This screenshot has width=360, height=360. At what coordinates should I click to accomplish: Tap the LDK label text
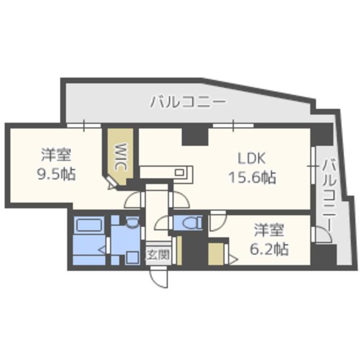coord(251,159)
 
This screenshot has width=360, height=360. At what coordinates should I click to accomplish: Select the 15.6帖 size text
coord(253,177)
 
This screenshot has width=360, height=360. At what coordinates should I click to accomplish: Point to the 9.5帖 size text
coord(56,174)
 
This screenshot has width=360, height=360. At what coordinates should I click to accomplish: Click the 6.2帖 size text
coord(269,249)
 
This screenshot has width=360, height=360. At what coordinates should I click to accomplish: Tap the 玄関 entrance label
coord(158,255)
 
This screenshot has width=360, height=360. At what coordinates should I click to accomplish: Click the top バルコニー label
coord(188,102)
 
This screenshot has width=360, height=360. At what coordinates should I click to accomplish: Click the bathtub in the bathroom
coord(89,225)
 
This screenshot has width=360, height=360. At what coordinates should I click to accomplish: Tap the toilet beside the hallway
coord(190,223)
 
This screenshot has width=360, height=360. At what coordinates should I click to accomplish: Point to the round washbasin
coord(132,222)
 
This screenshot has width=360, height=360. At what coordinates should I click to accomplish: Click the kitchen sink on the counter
coord(179,172)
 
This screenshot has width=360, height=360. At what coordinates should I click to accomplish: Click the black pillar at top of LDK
coord(195,136)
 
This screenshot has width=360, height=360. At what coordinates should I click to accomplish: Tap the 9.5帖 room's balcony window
coord(84,125)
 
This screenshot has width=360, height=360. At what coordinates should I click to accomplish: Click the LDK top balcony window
coord(233,125)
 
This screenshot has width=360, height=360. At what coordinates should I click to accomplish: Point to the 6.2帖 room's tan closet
coord(216,254)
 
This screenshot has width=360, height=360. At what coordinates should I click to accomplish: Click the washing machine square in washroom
coord(133,258)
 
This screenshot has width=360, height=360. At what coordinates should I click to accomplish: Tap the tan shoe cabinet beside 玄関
coord(179,250)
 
